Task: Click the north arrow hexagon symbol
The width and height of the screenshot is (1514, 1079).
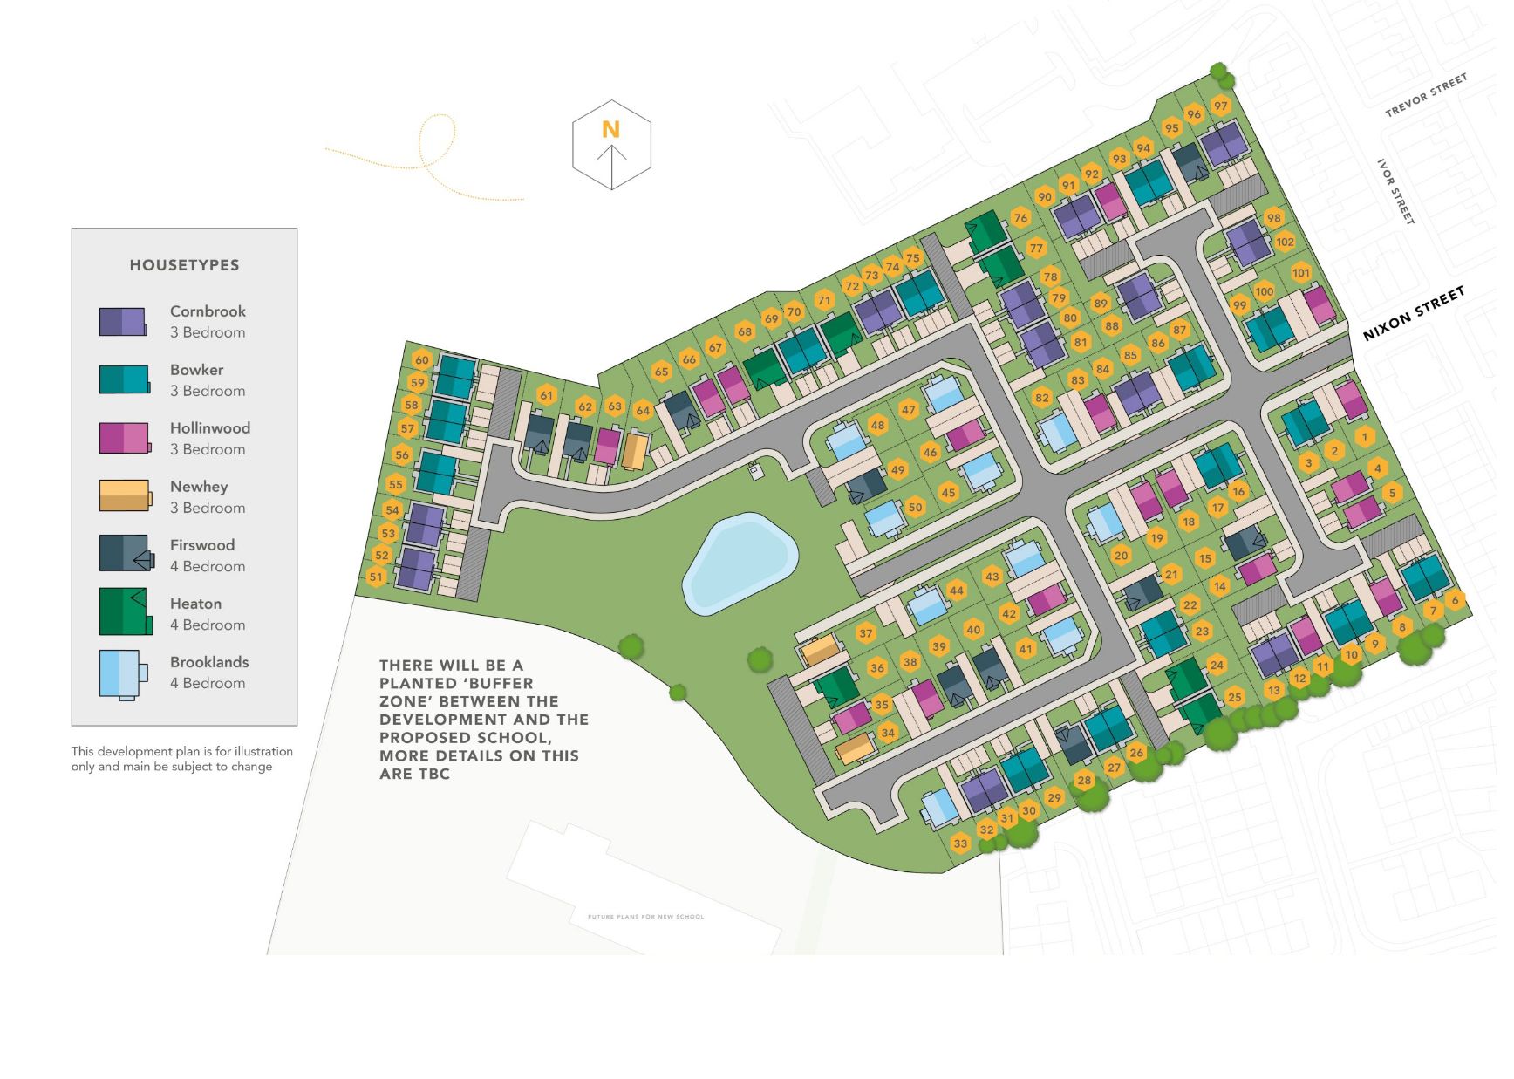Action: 611,145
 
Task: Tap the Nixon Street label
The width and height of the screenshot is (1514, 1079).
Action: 1413,313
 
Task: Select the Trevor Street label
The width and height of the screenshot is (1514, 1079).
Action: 1426,95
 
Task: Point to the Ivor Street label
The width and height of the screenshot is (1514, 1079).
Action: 1395,192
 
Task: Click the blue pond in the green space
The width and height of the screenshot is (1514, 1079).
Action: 738,563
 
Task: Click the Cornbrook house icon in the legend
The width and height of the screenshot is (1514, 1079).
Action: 123,322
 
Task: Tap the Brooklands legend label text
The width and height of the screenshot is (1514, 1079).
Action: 209,662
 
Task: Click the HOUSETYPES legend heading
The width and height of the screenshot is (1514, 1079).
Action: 184,265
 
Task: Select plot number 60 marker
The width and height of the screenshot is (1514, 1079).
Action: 422,360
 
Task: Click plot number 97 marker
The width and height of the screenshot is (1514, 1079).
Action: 1221,106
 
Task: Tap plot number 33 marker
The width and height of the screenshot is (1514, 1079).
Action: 960,843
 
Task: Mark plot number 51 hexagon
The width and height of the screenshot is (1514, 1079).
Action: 376,577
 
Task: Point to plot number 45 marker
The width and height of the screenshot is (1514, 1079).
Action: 948,493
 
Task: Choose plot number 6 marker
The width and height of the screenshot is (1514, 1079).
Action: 1455,600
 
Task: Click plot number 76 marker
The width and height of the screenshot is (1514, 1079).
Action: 1020,218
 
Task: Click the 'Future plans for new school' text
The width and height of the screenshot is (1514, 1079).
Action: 645,917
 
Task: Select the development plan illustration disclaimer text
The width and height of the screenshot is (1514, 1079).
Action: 181,759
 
